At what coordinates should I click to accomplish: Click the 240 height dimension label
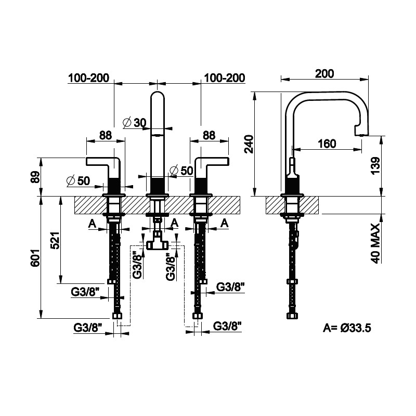tap(250, 144)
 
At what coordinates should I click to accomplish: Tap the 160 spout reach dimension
tap(327, 144)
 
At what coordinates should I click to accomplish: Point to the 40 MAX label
tap(375, 243)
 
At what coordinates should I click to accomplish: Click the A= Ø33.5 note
tap(347, 328)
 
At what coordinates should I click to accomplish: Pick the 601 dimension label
tap(35, 257)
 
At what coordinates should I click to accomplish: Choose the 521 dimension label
tap(55, 240)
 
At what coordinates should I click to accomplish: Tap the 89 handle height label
tap(35, 177)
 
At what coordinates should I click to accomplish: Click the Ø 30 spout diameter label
tap(135, 123)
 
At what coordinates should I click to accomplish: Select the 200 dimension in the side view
tap(324, 73)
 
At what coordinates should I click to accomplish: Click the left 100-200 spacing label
tap(88, 78)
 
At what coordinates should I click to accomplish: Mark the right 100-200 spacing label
tap(225, 78)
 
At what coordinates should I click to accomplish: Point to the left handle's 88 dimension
tap(106, 135)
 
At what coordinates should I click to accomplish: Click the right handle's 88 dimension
tap(209, 135)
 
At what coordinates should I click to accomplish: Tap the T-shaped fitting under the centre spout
tap(158, 242)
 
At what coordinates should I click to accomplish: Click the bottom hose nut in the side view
tap(292, 316)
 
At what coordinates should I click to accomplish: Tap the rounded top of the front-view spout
tap(158, 95)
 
